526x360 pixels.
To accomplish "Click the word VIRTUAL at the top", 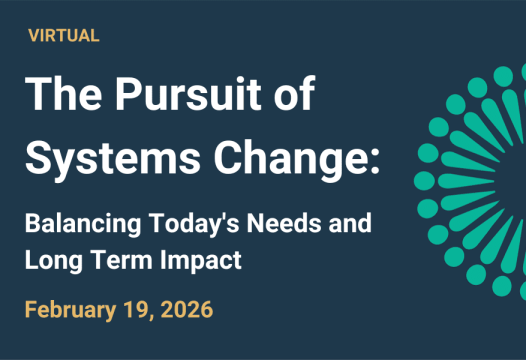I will [x=63, y=36].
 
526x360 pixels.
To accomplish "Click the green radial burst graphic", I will [x=475, y=180].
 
